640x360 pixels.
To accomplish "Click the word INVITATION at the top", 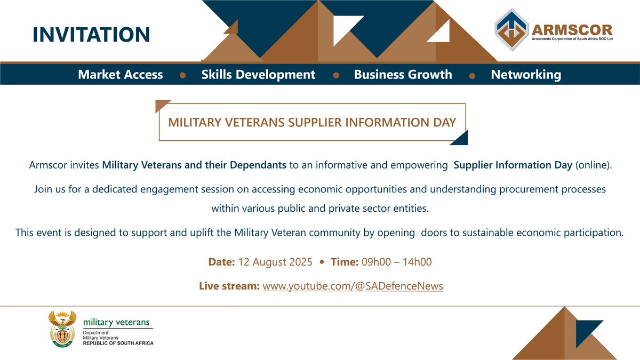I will (x=91, y=34).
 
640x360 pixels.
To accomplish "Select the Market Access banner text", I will (x=121, y=75).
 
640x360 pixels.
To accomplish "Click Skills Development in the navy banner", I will (x=258, y=75).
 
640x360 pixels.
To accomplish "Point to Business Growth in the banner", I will (x=403, y=75).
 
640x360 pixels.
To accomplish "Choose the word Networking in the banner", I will (x=526, y=75).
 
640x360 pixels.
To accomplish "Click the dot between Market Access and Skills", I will (x=182, y=76).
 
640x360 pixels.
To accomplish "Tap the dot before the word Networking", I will (x=471, y=76).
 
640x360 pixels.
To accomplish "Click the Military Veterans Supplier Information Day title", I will (x=312, y=123).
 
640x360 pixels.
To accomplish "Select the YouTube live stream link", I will (x=353, y=286).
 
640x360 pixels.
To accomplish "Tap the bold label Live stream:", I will (x=229, y=286).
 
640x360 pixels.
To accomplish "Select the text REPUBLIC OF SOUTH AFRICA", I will (x=118, y=343).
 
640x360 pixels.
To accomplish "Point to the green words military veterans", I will (x=116, y=323).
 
